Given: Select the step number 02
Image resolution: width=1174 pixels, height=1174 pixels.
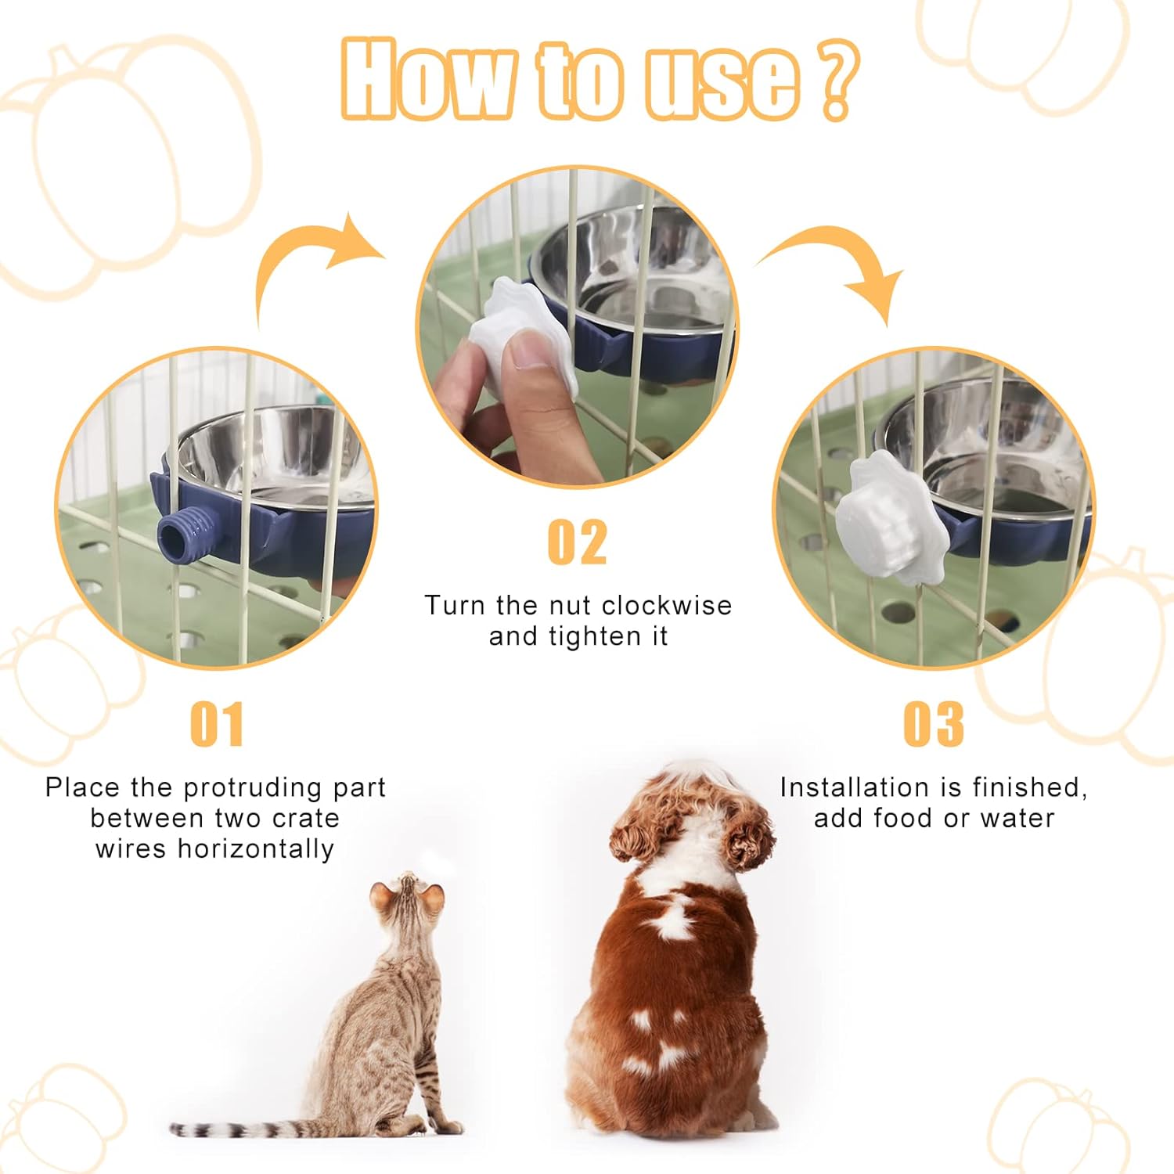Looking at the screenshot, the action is pos(578,542).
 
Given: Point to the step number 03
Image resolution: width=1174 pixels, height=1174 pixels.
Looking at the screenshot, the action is pos(934,724).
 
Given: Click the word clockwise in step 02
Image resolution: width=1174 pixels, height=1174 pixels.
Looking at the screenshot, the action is pos(667,605).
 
